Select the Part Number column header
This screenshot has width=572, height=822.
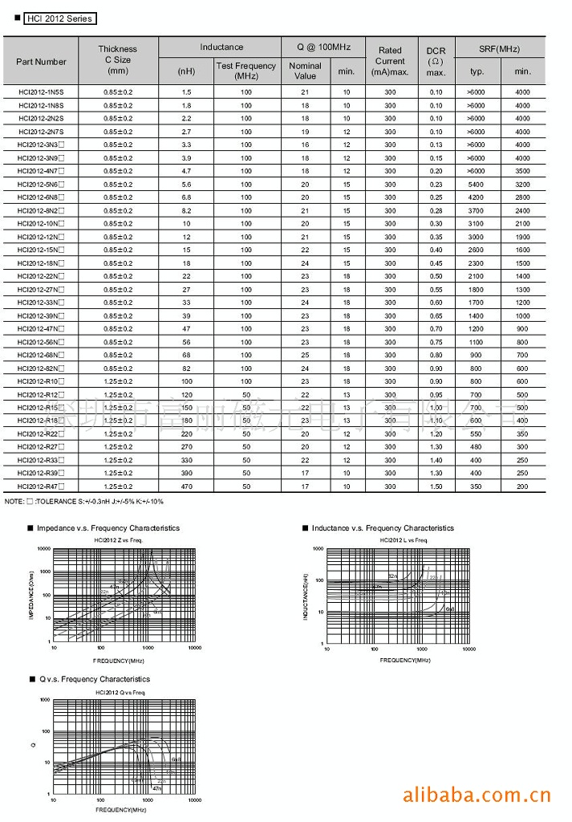(x=41, y=62)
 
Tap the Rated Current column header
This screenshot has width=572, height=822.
(x=390, y=61)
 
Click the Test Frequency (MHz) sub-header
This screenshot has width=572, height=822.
(x=245, y=71)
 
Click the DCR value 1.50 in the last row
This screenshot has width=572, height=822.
(x=436, y=486)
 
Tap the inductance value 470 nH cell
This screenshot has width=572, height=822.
(x=186, y=486)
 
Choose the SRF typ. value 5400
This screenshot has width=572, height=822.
(x=476, y=185)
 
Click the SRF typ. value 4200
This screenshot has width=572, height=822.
(x=476, y=197)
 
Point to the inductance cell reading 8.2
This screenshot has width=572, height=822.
(x=186, y=210)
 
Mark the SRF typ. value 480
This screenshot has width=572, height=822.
(x=476, y=447)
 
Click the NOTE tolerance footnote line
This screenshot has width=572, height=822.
(x=84, y=502)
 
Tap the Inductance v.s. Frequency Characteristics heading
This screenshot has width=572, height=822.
(x=382, y=528)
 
